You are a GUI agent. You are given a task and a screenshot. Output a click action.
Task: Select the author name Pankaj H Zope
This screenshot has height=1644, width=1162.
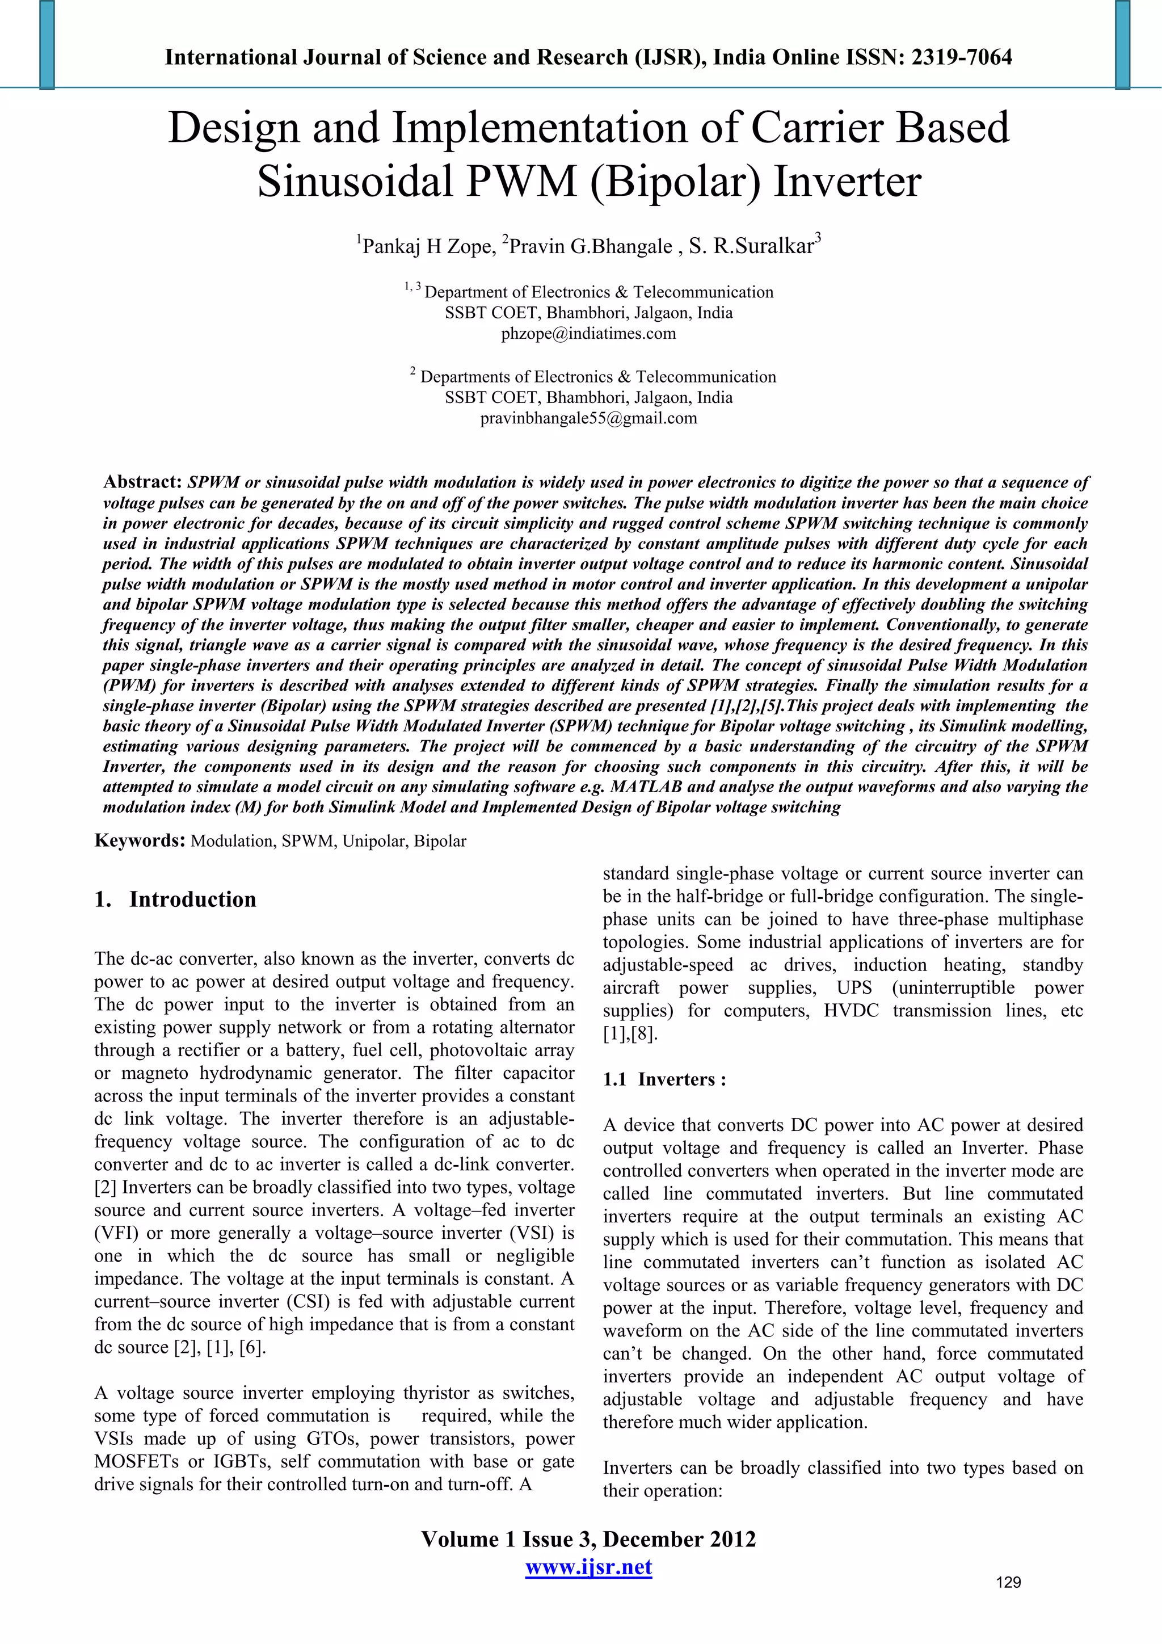point(427,247)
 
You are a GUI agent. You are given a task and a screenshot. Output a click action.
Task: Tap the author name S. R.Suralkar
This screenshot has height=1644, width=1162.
point(752,247)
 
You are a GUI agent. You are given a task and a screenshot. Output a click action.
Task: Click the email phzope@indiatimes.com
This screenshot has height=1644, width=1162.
point(588,334)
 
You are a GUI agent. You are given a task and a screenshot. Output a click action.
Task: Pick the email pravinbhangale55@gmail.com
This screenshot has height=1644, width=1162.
point(588,418)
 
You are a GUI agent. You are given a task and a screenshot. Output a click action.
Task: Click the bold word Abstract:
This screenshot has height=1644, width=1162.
point(142,482)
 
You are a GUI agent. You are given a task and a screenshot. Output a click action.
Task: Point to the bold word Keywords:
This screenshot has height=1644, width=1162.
point(140,840)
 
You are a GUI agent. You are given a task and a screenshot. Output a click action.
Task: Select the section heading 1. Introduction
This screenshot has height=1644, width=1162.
point(175,899)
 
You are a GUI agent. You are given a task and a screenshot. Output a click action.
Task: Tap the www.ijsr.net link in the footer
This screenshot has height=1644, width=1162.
point(588,1567)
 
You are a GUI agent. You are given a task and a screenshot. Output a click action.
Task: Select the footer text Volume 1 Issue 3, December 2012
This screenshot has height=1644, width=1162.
point(588,1540)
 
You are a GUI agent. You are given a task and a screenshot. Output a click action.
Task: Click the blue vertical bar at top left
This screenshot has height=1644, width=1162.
point(47,44)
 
